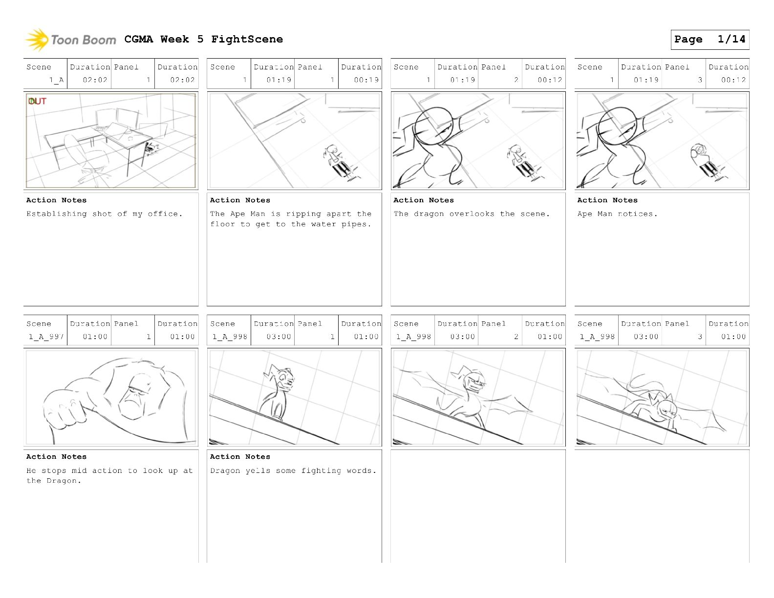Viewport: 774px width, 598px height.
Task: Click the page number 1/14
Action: point(731,39)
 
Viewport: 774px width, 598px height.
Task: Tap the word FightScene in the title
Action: point(247,39)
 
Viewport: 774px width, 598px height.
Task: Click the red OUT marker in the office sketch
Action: point(37,101)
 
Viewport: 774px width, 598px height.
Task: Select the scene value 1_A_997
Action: point(46,337)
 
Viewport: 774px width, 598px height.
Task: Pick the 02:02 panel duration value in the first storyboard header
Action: point(182,80)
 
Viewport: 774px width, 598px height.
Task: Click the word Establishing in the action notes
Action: point(56,214)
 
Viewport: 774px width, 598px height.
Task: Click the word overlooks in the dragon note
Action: point(472,214)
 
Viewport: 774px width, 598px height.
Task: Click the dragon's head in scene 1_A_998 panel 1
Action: point(283,378)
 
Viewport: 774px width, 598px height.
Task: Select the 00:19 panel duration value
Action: point(366,80)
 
